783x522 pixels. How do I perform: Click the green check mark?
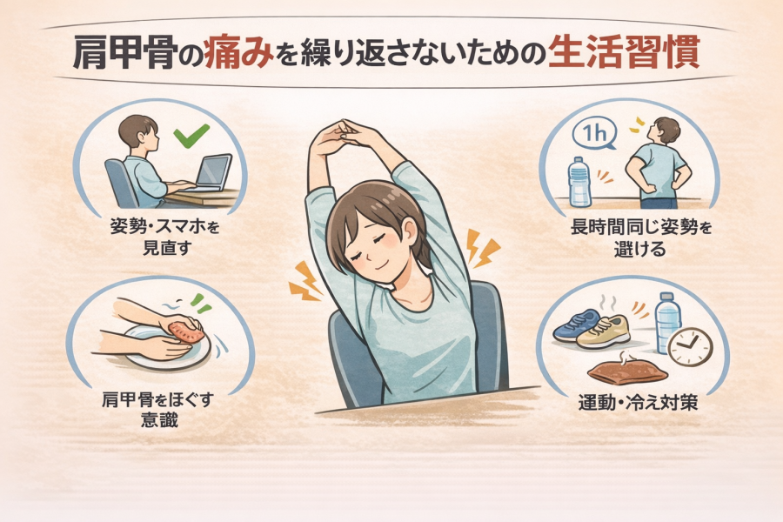191,136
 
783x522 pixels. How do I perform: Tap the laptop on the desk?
211,173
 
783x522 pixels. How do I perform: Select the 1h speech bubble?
593,134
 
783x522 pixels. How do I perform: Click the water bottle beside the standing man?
579,182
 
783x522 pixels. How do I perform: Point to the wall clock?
690,346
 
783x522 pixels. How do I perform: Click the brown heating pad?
627,371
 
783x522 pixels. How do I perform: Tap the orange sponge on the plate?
186,331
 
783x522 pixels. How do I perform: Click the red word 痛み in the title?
238,52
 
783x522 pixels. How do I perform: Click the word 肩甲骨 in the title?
124,52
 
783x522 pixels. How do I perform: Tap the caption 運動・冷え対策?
639,403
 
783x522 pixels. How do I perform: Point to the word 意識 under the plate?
159,420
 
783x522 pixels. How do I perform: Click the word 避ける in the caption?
639,248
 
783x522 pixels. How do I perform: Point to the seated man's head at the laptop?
138,130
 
